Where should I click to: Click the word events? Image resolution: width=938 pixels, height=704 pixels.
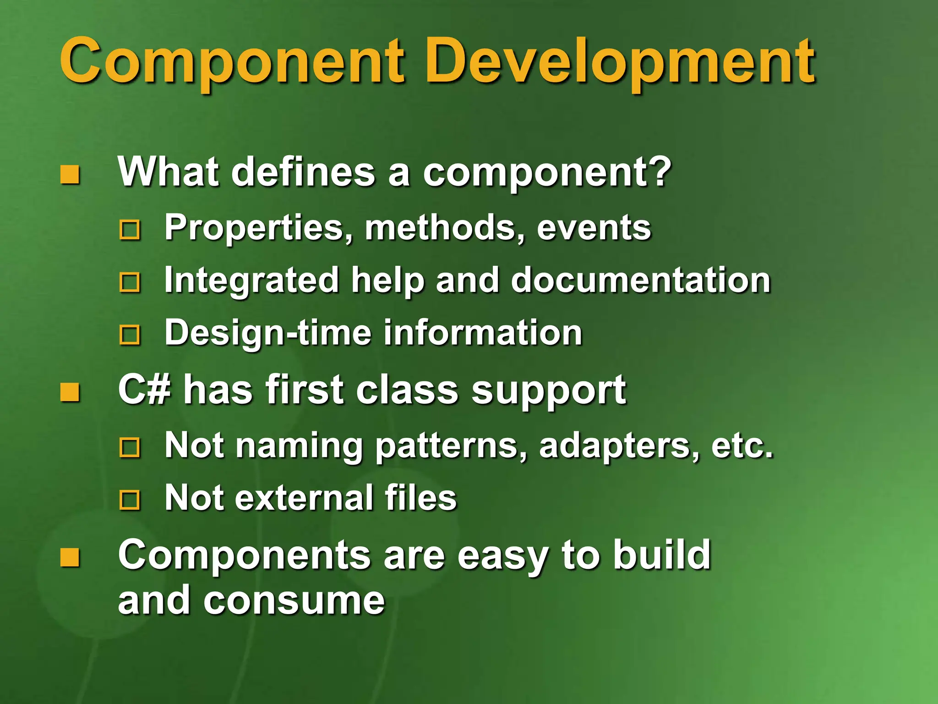pos(594,228)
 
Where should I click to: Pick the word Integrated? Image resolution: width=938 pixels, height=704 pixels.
pos(251,281)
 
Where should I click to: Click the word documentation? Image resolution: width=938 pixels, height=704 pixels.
pos(641,280)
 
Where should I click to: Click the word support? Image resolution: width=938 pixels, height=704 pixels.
pos(549,391)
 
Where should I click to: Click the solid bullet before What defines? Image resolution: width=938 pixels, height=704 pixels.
pos(70,175)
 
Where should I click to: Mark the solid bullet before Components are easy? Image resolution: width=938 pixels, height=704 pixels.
pos(70,557)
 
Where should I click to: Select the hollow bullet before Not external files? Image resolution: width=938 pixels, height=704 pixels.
pos(130,500)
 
